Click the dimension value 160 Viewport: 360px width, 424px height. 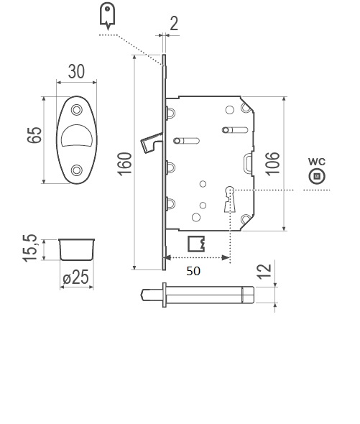[x=124, y=164]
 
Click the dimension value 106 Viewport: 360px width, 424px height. [x=272, y=164]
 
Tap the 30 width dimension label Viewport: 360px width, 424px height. [x=76, y=71]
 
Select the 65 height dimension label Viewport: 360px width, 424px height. [x=34, y=134]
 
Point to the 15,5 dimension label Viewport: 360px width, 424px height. [x=29, y=248]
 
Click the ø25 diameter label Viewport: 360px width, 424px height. [x=75, y=277]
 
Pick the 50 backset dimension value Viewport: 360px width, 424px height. [x=193, y=271]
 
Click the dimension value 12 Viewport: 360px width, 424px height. [x=264, y=271]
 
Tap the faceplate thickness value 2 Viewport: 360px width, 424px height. [x=174, y=24]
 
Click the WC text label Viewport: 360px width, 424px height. [x=317, y=162]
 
